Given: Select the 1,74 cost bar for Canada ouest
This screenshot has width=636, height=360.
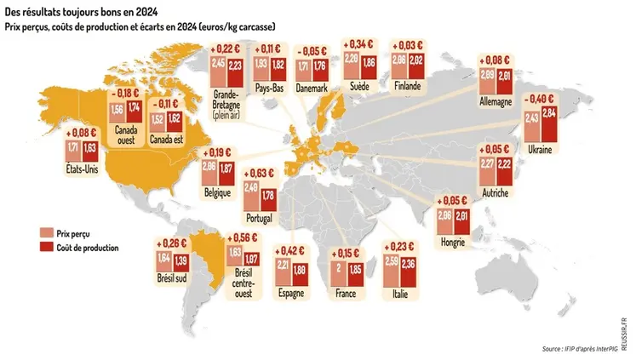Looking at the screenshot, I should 135,113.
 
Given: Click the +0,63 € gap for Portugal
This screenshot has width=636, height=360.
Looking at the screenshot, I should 261,171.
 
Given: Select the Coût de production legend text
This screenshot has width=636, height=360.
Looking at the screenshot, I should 86,247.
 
